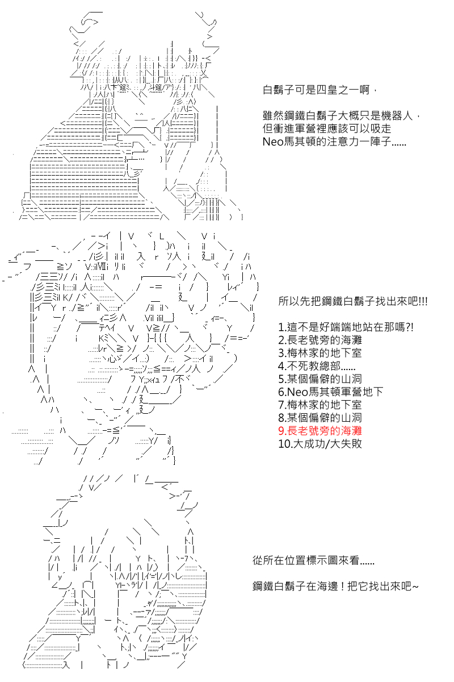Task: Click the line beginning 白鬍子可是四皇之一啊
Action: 318,90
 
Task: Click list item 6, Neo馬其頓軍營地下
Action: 331,392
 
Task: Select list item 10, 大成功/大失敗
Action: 320,444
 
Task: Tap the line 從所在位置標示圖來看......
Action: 313,560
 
